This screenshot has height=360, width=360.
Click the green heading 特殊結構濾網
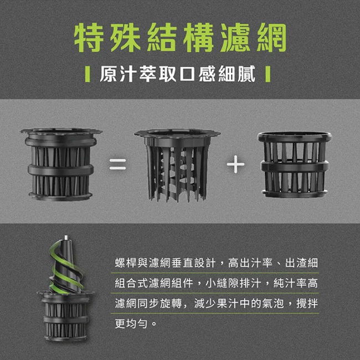[180, 38]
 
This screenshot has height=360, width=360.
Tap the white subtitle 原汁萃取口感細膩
[177, 74]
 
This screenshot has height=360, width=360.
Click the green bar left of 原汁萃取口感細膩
[88, 74]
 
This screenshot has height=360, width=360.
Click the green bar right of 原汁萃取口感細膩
[268, 74]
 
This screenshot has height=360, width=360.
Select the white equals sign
[117, 164]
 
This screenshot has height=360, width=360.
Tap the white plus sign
[235, 164]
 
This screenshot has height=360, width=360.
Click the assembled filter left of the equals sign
[61, 164]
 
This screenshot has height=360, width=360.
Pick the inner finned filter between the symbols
[177, 165]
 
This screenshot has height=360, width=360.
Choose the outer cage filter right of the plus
[295, 164]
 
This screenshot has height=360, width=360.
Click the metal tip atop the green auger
[66, 238]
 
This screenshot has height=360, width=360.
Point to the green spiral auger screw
[66, 266]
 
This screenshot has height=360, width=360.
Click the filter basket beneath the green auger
[65, 316]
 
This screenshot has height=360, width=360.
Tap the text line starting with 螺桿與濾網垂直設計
[216, 263]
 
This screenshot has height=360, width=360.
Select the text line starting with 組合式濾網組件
[216, 283]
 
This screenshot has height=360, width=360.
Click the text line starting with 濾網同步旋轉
[216, 304]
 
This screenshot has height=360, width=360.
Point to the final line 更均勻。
[136, 323]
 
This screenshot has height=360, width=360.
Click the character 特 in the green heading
[88, 38]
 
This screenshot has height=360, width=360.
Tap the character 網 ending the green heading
[272, 38]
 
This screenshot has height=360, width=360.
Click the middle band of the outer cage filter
[295, 166]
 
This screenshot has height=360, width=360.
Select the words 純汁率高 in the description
[296, 283]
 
